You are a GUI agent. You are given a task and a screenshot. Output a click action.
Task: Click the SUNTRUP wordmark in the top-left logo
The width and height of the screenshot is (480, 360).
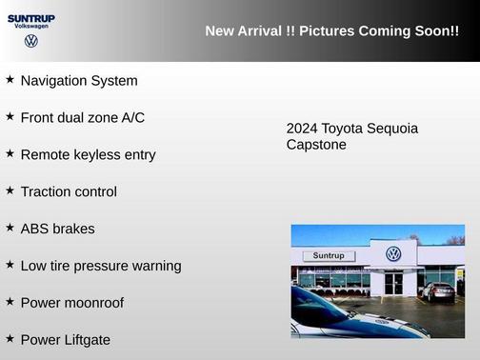[31, 17]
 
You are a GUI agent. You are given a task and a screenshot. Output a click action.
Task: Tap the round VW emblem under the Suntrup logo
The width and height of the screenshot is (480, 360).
[31, 41]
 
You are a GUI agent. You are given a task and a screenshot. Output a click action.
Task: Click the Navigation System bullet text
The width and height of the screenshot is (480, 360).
[79, 81]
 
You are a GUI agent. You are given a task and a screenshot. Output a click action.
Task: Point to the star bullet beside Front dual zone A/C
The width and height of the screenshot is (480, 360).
[10, 116]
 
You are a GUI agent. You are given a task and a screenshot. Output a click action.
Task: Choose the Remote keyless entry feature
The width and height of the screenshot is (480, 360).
[88, 154]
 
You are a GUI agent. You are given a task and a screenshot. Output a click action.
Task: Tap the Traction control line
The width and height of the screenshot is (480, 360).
[69, 191]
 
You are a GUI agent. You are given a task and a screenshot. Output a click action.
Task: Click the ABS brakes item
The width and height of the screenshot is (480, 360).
[57, 229]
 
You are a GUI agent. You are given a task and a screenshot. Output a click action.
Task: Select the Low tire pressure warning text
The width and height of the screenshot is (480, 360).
[100, 266]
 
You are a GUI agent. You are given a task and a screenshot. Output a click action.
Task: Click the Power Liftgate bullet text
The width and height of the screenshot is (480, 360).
[65, 340]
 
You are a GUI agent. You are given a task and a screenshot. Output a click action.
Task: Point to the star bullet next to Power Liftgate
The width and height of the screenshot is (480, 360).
[10, 339]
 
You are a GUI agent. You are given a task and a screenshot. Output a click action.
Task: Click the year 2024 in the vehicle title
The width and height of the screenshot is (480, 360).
[302, 129]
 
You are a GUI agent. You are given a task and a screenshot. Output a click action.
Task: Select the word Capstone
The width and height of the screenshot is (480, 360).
[316, 145]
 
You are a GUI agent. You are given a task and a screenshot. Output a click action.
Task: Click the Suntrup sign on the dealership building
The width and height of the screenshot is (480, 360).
[328, 256]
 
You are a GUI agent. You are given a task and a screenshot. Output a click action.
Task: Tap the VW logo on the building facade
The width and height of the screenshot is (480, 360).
[393, 254]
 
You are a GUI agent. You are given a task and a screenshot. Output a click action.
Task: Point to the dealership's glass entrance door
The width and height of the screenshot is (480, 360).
[393, 283]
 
